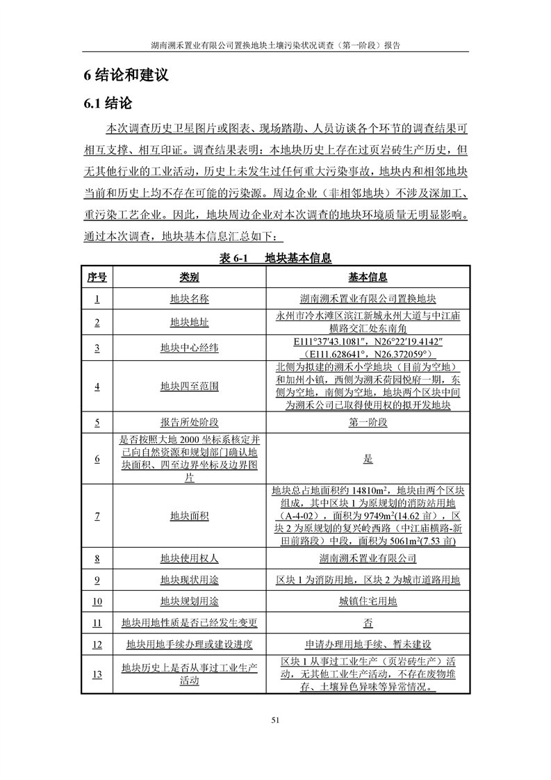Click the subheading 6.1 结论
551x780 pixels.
point(108,104)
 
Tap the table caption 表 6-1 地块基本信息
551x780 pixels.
point(275,258)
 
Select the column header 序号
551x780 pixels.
point(97,277)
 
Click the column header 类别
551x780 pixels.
point(190,277)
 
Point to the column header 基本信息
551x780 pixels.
point(368,277)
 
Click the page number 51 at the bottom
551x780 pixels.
point(275,719)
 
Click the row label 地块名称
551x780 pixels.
point(190,299)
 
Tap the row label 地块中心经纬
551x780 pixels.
point(190,347)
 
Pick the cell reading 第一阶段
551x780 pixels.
point(368,422)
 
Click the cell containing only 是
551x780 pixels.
point(368,459)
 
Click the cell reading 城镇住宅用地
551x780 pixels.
point(368,601)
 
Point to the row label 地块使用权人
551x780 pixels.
point(190,558)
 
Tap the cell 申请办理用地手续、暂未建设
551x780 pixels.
point(368,644)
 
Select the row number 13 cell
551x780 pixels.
point(97,674)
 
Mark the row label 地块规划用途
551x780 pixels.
point(190,601)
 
